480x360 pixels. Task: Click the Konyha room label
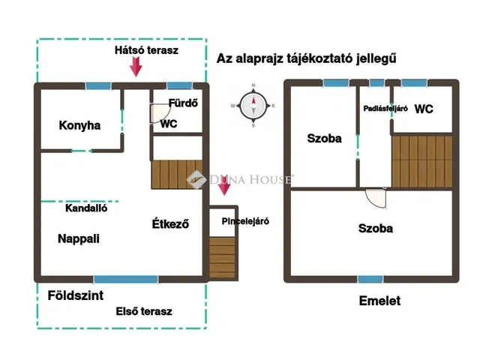click(79, 125)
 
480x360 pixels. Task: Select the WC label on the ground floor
click(169, 124)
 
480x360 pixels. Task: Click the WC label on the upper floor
click(424, 109)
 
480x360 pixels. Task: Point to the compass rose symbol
click(254, 106)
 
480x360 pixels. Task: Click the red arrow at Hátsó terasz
click(136, 67)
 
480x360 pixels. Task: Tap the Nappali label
click(79, 238)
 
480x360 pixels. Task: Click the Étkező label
click(169, 223)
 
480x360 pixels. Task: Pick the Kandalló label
click(86, 208)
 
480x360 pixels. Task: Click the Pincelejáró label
click(245, 221)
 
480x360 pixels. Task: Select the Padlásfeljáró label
click(386, 109)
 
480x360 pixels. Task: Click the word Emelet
click(379, 301)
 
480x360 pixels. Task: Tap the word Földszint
click(75, 295)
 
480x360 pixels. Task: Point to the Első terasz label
click(144, 310)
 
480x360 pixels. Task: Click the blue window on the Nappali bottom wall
click(125, 279)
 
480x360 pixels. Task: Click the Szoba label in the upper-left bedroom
click(324, 139)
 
